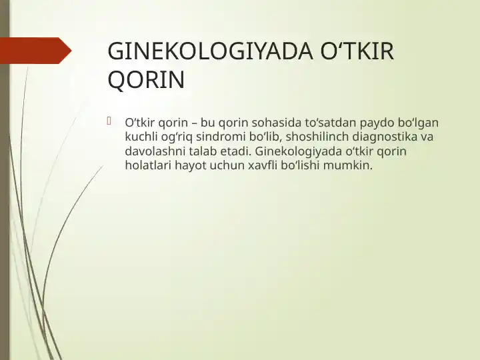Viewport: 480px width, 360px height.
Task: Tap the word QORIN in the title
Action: tap(146, 81)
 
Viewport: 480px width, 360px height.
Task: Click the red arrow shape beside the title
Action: tap(36, 51)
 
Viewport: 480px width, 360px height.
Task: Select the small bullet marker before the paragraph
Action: tap(111, 121)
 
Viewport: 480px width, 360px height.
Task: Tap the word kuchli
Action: tap(141, 137)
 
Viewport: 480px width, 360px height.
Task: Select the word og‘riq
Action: tap(178, 137)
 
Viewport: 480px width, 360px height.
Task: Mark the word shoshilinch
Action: tap(317, 137)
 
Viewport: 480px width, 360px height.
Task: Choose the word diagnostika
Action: tap(388, 137)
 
